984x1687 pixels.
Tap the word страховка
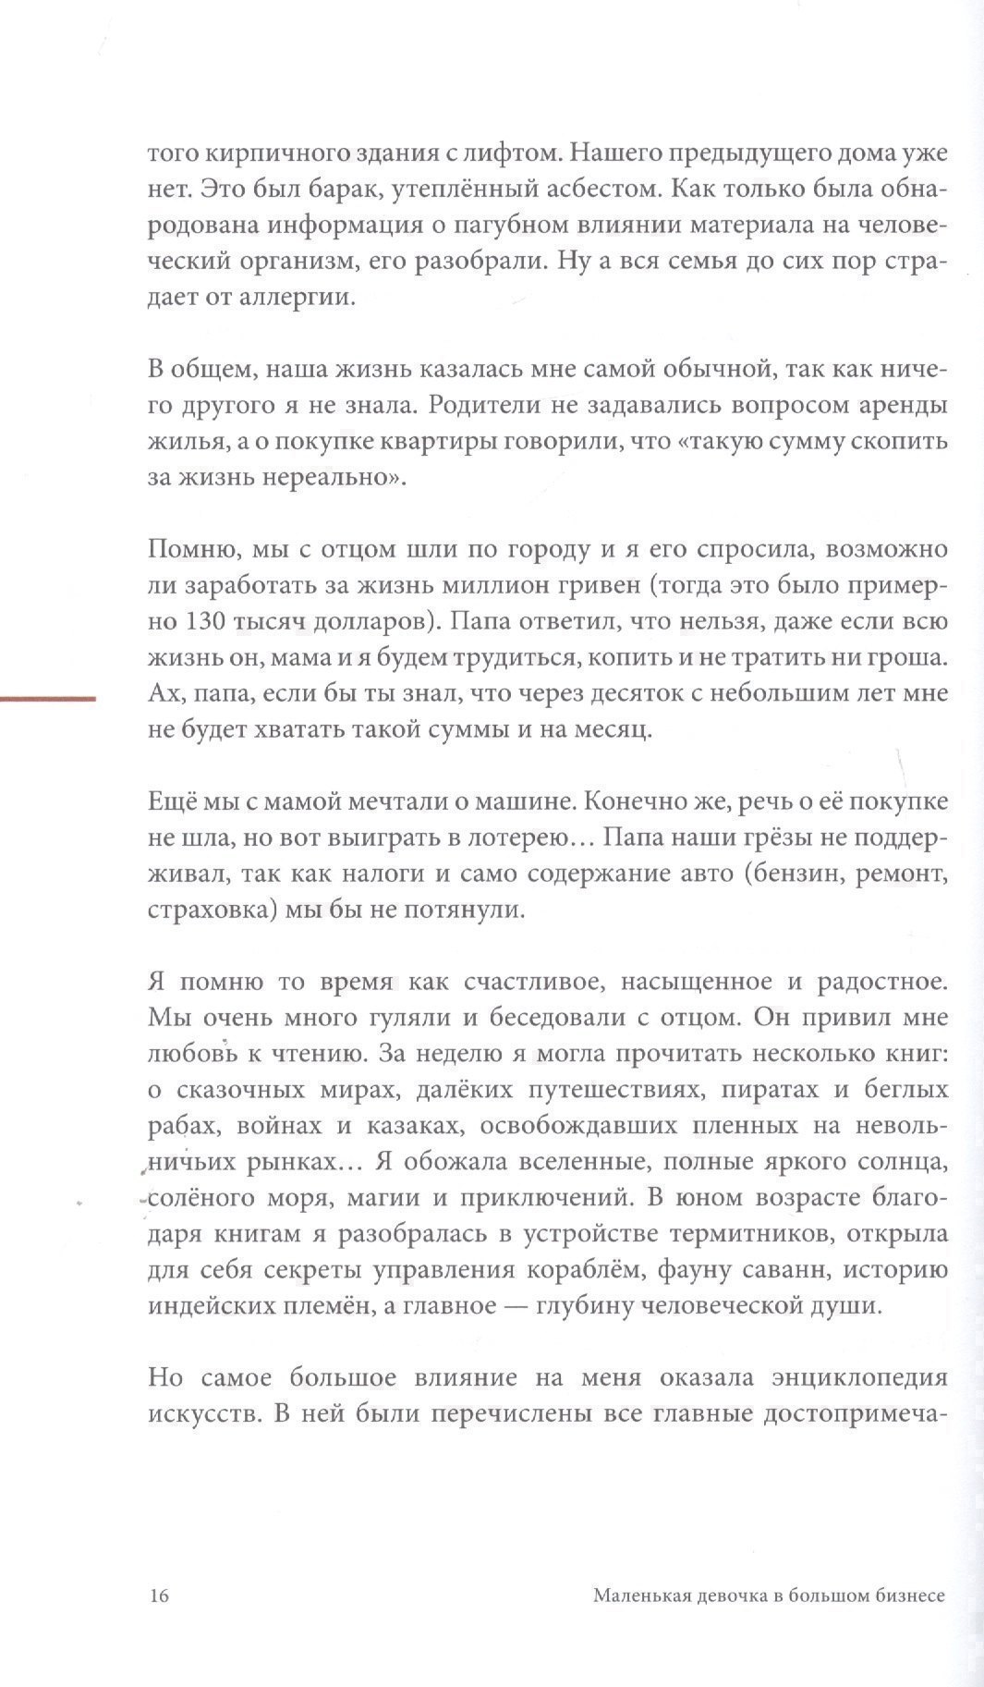[x=200, y=911]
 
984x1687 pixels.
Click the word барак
[x=324, y=190]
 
